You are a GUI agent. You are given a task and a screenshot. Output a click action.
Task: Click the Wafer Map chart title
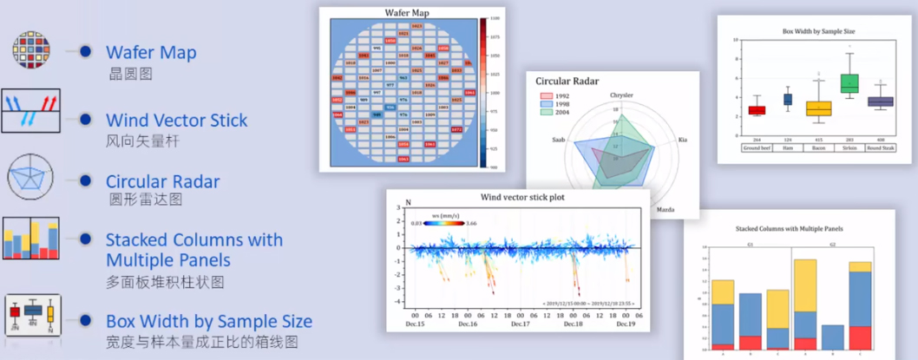tap(408, 13)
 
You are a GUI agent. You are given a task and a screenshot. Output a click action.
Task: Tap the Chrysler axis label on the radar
tap(621, 95)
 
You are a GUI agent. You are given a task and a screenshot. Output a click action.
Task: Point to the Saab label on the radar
tap(559, 139)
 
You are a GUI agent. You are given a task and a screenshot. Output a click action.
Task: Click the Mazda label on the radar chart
tap(666, 209)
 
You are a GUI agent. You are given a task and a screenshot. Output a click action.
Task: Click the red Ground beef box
tap(757, 110)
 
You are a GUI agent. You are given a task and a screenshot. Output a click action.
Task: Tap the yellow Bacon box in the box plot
tap(818, 108)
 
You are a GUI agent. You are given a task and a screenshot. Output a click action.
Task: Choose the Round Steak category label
tap(880, 147)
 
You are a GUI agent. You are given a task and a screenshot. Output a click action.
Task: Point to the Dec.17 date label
tap(520, 324)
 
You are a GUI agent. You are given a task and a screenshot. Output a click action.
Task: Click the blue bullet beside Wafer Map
tap(85, 52)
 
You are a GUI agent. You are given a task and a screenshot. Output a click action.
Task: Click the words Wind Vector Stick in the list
tap(176, 120)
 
